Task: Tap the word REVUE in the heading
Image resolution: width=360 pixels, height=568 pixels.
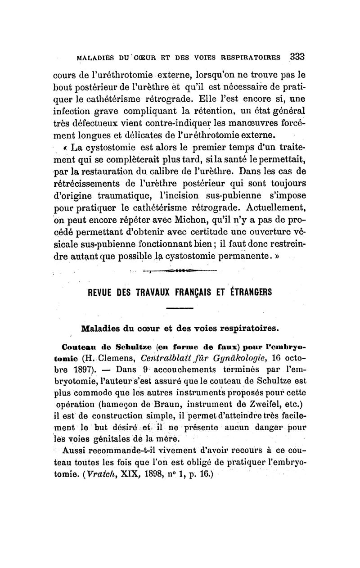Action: pyautogui.click(x=99, y=292)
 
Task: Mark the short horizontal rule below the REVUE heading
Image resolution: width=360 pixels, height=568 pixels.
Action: pyautogui.click(x=180, y=308)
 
